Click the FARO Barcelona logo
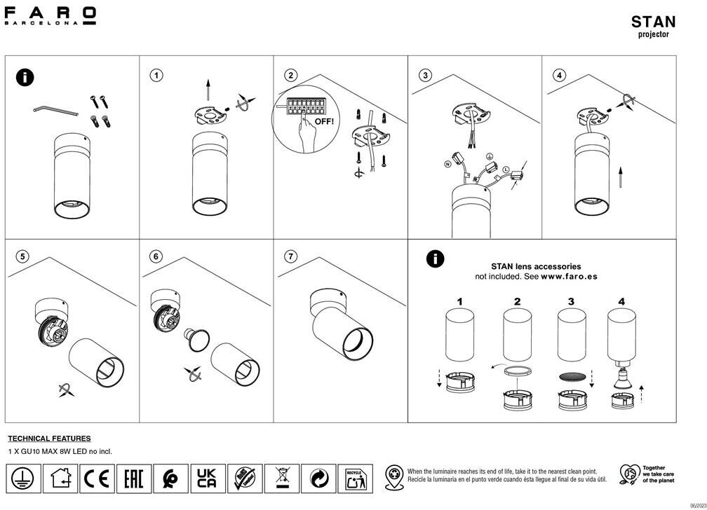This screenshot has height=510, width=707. pyautogui.click(x=50, y=15)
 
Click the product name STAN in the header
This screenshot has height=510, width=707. pyautogui.click(x=653, y=22)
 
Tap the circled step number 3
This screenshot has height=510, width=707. pyautogui.click(x=426, y=75)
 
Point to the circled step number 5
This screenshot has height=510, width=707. pyautogui.click(x=23, y=256)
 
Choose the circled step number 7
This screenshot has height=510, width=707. pyautogui.click(x=292, y=256)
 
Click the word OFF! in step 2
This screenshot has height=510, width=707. pyautogui.click(x=324, y=121)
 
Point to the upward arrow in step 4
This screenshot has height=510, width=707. pyautogui.click(x=621, y=177)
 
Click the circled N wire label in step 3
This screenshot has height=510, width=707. pyautogui.click(x=447, y=164)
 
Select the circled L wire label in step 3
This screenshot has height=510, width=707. pyautogui.click(x=505, y=170)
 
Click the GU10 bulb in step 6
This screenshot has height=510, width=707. pyautogui.click(x=194, y=340)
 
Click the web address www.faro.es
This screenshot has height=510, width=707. pyautogui.click(x=569, y=277)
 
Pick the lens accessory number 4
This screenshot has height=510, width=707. pyautogui.click(x=621, y=302)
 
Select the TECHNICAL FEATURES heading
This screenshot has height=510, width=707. pyautogui.click(x=49, y=439)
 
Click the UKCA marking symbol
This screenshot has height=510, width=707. pyautogui.click(x=206, y=478)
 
